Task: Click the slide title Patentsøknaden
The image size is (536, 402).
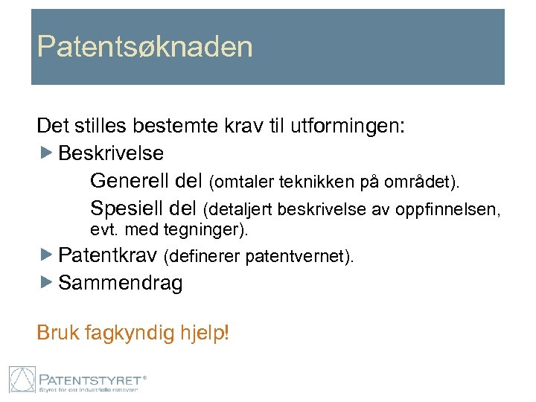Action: (x=145, y=47)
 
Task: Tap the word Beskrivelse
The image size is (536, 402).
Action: (x=111, y=153)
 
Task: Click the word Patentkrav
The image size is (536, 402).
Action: (x=109, y=256)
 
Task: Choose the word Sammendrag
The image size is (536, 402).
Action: (x=120, y=283)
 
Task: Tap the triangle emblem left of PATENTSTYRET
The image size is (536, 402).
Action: (x=22, y=380)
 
